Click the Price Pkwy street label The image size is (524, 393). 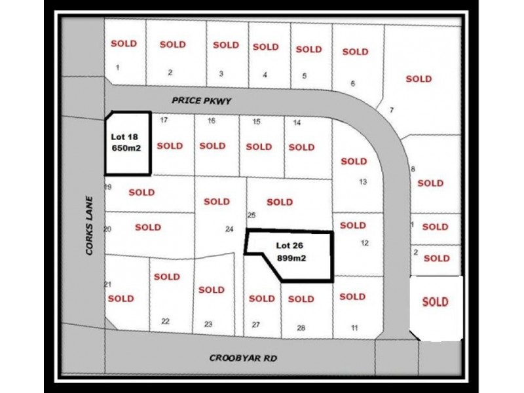click(202, 101)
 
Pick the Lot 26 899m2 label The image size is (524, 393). click(292, 252)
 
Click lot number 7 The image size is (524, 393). click(392, 109)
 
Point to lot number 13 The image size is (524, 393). click(363, 182)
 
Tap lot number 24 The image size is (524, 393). click(229, 229)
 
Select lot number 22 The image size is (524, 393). click(165, 321)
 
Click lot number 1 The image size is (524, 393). click(117, 67)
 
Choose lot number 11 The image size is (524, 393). click(354, 327)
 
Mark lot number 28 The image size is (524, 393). click(301, 327)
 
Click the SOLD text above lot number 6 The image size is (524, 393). click(355, 51)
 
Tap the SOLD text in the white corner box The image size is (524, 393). click(436, 301)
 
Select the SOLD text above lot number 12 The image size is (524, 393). click(353, 225)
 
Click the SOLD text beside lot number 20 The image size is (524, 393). click(148, 227)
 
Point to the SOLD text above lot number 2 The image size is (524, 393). click(172, 45)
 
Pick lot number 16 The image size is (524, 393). click(212, 121)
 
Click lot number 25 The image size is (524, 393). click(251, 215)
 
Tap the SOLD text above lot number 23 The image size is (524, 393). click(211, 290)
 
